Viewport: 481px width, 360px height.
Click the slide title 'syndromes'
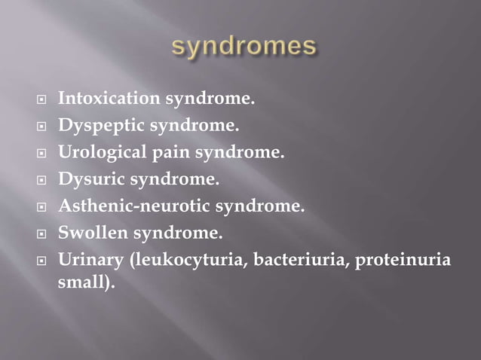[243, 47]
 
